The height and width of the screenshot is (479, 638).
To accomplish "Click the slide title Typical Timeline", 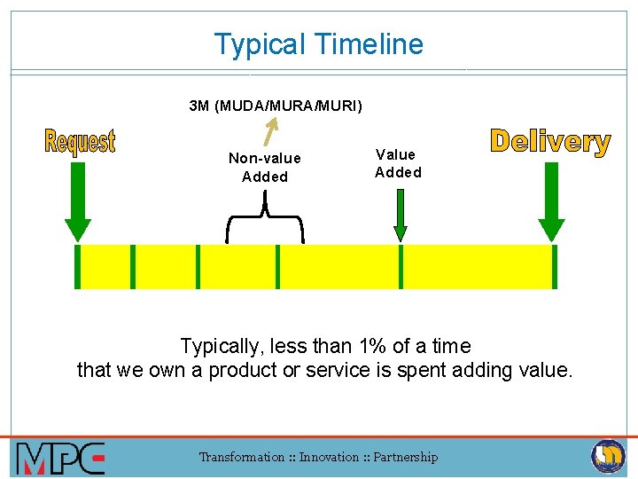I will click(319, 44).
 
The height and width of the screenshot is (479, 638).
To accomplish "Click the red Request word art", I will click(80, 141).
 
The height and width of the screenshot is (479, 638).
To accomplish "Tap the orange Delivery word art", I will click(550, 142).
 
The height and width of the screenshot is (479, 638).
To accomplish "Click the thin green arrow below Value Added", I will click(401, 216).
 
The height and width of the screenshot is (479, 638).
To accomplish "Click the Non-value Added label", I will click(265, 168).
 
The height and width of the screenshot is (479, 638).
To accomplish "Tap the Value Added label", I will click(398, 163).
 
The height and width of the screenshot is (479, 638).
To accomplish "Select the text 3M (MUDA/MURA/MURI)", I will click(276, 106).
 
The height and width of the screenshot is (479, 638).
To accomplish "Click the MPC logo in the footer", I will click(60, 458).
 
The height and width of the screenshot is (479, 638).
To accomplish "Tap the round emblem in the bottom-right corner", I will click(608, 457).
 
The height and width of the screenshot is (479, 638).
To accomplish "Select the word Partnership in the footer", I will click(405, 458).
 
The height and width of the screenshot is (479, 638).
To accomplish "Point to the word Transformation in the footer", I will click(240, 458).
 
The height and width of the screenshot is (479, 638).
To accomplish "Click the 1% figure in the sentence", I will click(375, 346).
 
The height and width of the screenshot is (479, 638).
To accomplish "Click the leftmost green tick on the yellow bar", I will click(77, 267).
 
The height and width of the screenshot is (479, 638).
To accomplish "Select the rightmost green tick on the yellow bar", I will click(555, 267).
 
